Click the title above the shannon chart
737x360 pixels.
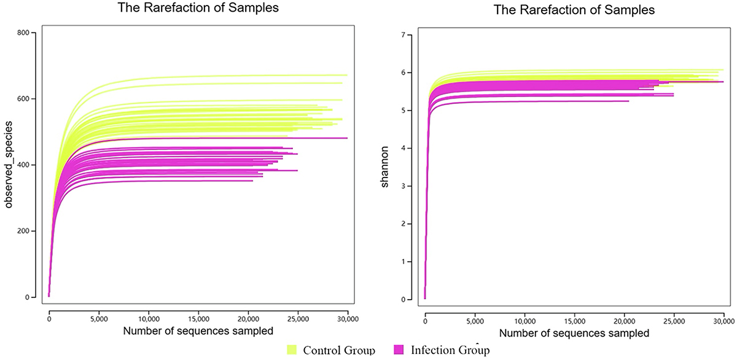[x=574, y=10]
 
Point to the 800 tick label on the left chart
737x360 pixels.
[x=31, y=33]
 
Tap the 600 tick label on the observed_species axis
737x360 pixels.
[x=31, y=99]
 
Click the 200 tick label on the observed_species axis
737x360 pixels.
[x=31, y=231]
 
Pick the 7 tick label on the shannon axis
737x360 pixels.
[x=403, y=35]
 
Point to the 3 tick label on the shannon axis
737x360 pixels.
[x=403, y=186]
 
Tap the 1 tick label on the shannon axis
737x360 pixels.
[x=403, y=262]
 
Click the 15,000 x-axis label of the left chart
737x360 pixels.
[x=198, y=319]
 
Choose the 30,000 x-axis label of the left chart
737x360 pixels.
[x=347, y=319]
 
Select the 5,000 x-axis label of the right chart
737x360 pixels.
[x=475, y=320]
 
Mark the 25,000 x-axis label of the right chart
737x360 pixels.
[x=674, y=320]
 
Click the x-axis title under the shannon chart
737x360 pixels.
[x=574, y=334]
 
